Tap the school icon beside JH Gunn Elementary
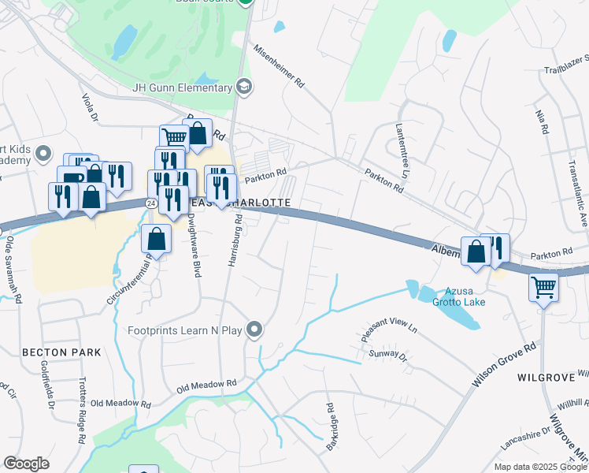244,87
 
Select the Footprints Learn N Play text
186,330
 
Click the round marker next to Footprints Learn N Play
254,329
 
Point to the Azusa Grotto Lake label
452,296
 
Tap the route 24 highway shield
150,203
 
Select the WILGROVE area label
543,378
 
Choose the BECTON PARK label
61,352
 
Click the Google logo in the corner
26,464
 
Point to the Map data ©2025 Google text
539,467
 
